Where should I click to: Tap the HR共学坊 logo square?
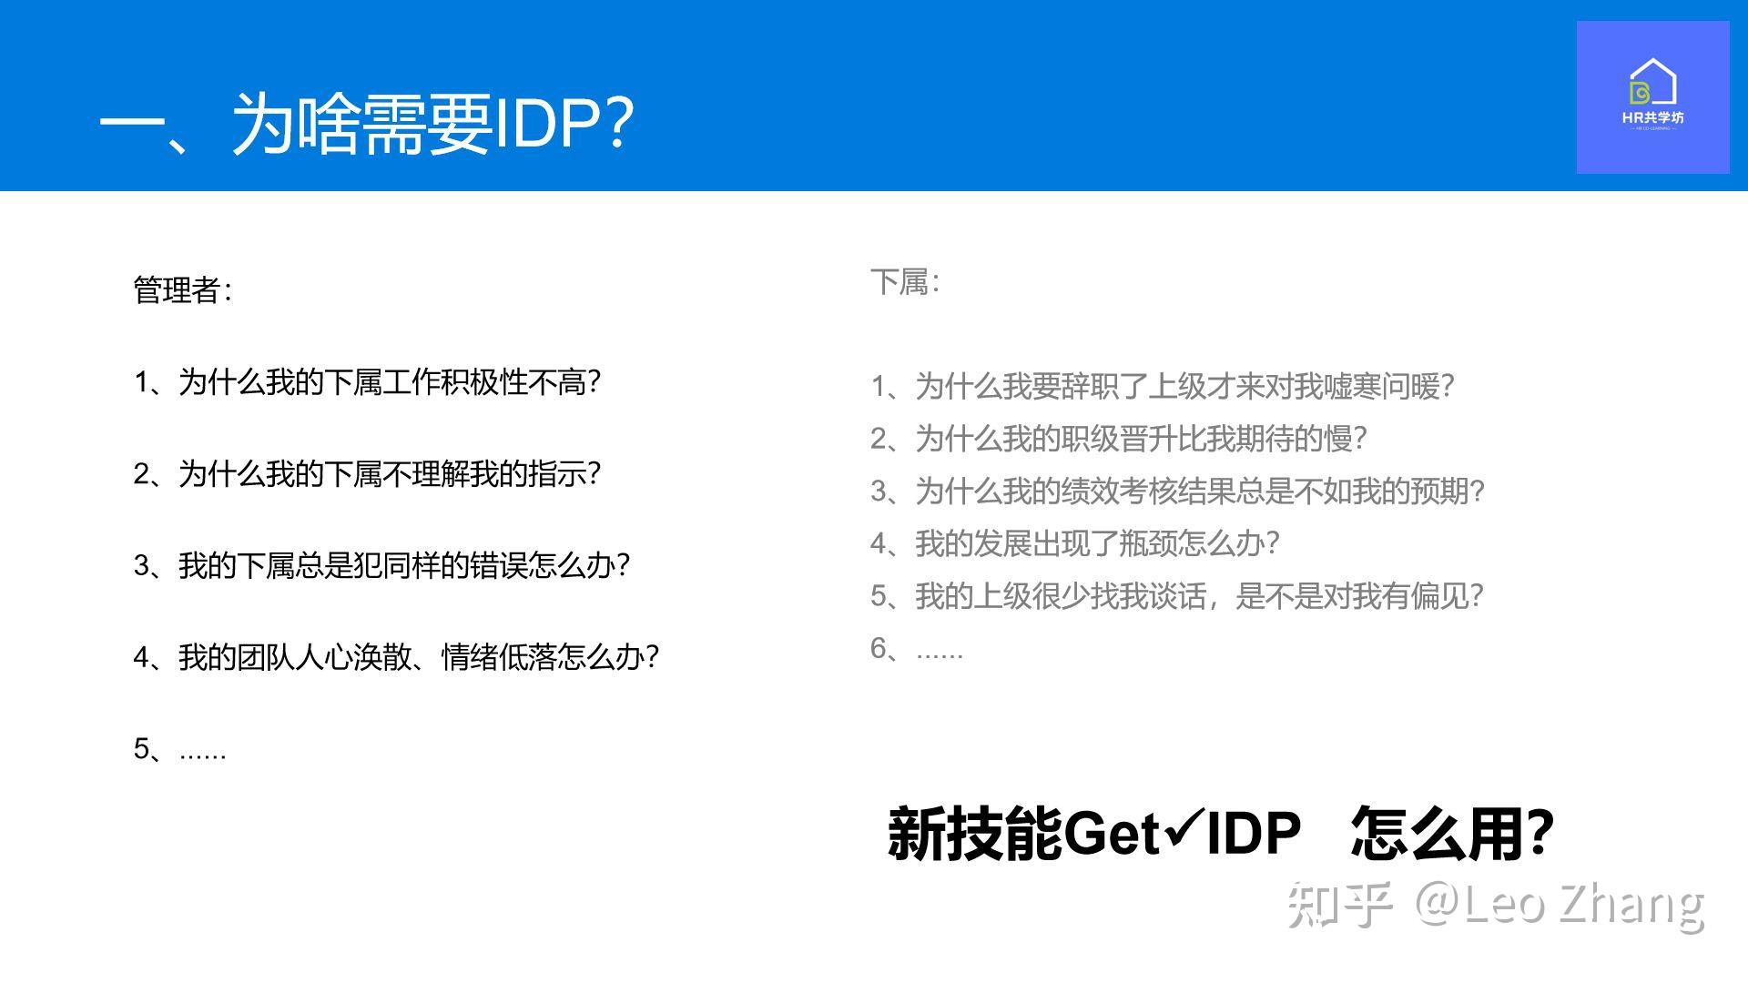[1652, 97]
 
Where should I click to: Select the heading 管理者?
[183, 290]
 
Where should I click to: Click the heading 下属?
[905, 282]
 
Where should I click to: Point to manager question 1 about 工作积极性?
[367, 382]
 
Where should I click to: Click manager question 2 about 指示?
[367, 473]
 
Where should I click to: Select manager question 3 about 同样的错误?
[381, 565]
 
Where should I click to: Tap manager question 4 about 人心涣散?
[396, 657]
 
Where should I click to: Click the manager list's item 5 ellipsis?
[179, 749]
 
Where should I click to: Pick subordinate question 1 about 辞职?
[1163, 387]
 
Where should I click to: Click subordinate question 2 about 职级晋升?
[1119, 439]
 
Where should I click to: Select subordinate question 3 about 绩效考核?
[1177, 491]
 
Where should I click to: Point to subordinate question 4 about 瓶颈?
[1075, 543]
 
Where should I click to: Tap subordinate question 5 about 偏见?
[1177, 596]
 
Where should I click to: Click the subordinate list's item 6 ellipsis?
[917, 649]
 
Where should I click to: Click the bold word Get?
[1113, 833]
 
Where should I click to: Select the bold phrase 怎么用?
[1453, 833]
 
